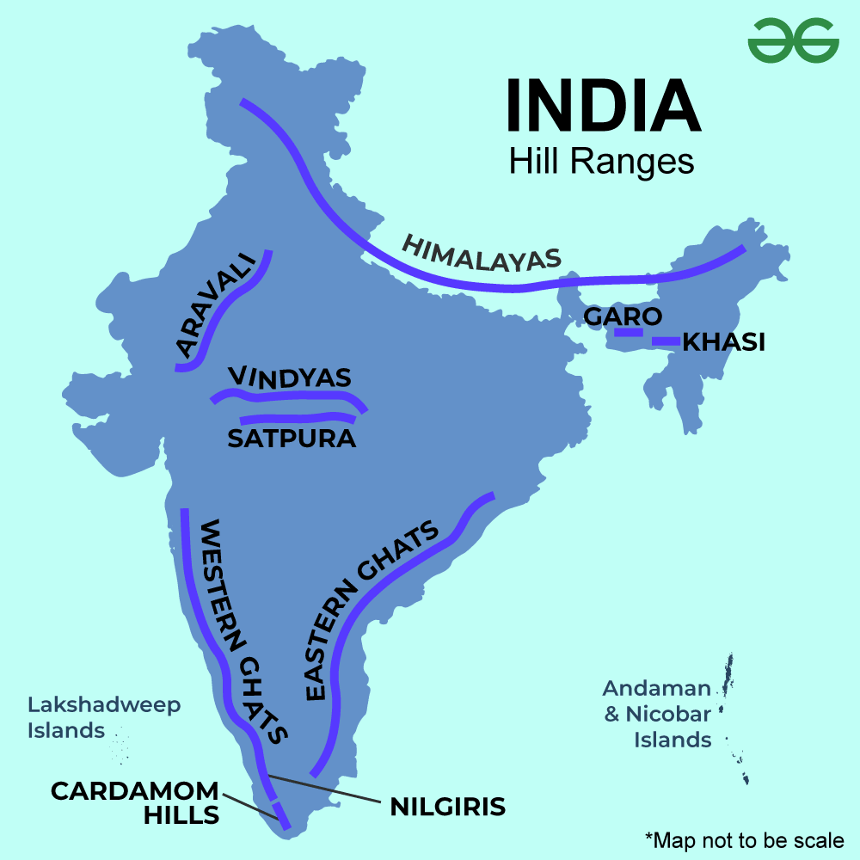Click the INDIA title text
[x=601, y=106]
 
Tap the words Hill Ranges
[x=601, y=161]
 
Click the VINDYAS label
[x=290, y=378]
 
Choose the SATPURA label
[x=292, y=439]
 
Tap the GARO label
[x=623, y=316]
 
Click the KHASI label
[x=723, y=342]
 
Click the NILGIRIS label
[x=447, y=808]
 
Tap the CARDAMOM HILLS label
[x=135, y=802]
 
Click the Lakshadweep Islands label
[x=104, y=717]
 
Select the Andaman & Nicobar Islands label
[x=658, y=713]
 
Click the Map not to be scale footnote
[x=744, y=839]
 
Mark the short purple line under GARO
[x=629, y=331]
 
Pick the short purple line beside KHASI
[x=665, y=341]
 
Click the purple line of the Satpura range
[x=297, y=419]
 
